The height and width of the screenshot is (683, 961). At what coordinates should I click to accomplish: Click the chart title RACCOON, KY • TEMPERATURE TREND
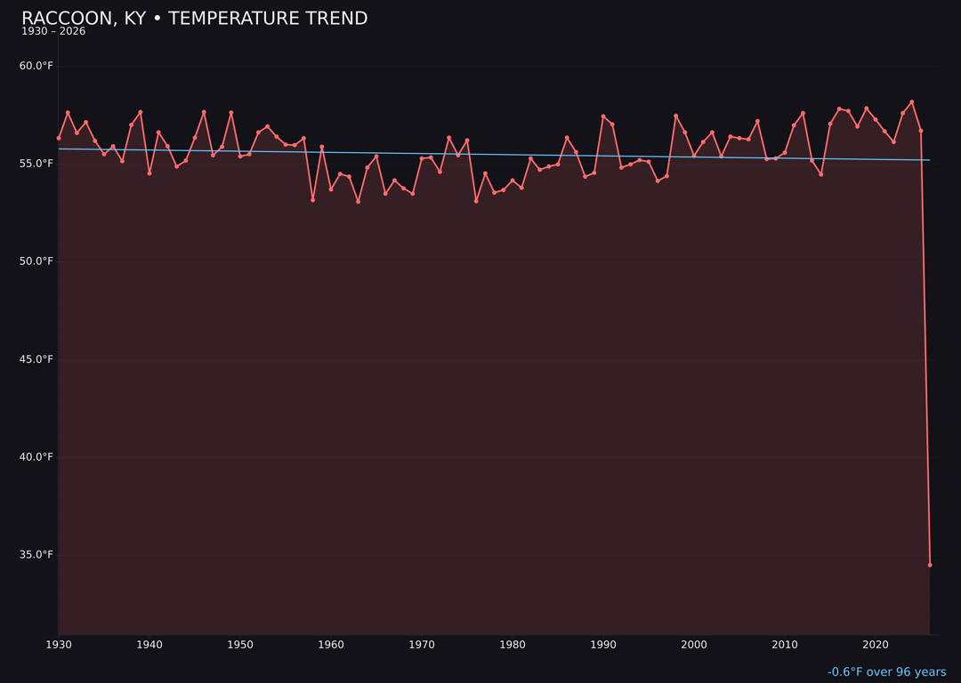coord(194,19)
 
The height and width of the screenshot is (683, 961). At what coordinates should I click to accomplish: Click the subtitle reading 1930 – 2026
coord(53,32)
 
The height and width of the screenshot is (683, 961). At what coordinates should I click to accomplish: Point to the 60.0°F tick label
coord(36,66)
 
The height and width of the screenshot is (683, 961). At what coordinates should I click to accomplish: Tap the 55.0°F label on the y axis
coord(36,164)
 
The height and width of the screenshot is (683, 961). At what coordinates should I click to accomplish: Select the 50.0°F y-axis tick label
coord(36,261)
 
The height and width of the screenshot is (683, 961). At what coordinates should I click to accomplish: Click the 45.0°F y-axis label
coord(36,359)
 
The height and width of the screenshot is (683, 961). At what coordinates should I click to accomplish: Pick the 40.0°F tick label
coord(36,457)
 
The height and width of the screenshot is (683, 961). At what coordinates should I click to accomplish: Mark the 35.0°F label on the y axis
coord(36,555)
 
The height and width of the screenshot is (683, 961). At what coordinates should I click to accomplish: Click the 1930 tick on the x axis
coord(59,645)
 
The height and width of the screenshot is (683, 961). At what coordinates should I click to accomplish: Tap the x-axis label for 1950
coord(240,645)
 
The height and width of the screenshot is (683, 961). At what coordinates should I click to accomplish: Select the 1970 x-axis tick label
coord(422,645)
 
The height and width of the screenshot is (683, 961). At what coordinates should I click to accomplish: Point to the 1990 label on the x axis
coord(603,645)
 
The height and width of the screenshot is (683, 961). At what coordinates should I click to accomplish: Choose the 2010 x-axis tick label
coord(785,645)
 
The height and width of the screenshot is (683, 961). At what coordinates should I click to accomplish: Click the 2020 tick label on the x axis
coord(876,645)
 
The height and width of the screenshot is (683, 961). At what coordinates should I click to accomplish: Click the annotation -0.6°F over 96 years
coord(886,672)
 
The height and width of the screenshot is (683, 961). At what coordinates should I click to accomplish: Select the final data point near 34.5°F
coord(930,565)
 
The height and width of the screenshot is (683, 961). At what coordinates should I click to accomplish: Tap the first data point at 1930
coord(59,138)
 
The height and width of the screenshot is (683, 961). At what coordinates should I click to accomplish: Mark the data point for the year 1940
coord(149,173)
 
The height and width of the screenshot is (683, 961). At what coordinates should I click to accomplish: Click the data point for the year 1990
coord(603,117)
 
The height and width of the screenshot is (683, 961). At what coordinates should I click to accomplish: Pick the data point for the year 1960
coord(331,189)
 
